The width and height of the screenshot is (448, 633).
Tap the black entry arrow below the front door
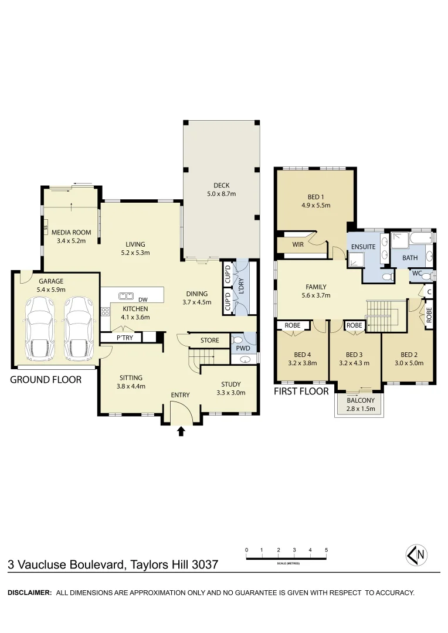[181, 431]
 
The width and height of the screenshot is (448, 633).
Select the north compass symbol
[416, 554]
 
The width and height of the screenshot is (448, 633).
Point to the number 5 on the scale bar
[326, 550]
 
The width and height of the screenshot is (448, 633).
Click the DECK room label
[222, 186]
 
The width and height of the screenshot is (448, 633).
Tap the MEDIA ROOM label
[72, 232]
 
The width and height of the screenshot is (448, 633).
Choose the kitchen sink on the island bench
[125, 296]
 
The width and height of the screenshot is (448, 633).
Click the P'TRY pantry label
[124, 338]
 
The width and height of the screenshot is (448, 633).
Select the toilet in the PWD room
[237, 339]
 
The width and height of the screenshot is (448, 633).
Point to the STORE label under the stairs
[209, 340]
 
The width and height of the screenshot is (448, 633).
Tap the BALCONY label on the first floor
[360, 400]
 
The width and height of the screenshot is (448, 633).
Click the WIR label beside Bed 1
[297, 244]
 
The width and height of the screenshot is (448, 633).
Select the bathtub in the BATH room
[420, 238]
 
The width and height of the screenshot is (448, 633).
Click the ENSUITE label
[363, 247]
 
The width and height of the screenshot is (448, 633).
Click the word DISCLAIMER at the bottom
[29, 593]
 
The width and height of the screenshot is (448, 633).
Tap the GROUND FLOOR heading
[46, 380]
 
